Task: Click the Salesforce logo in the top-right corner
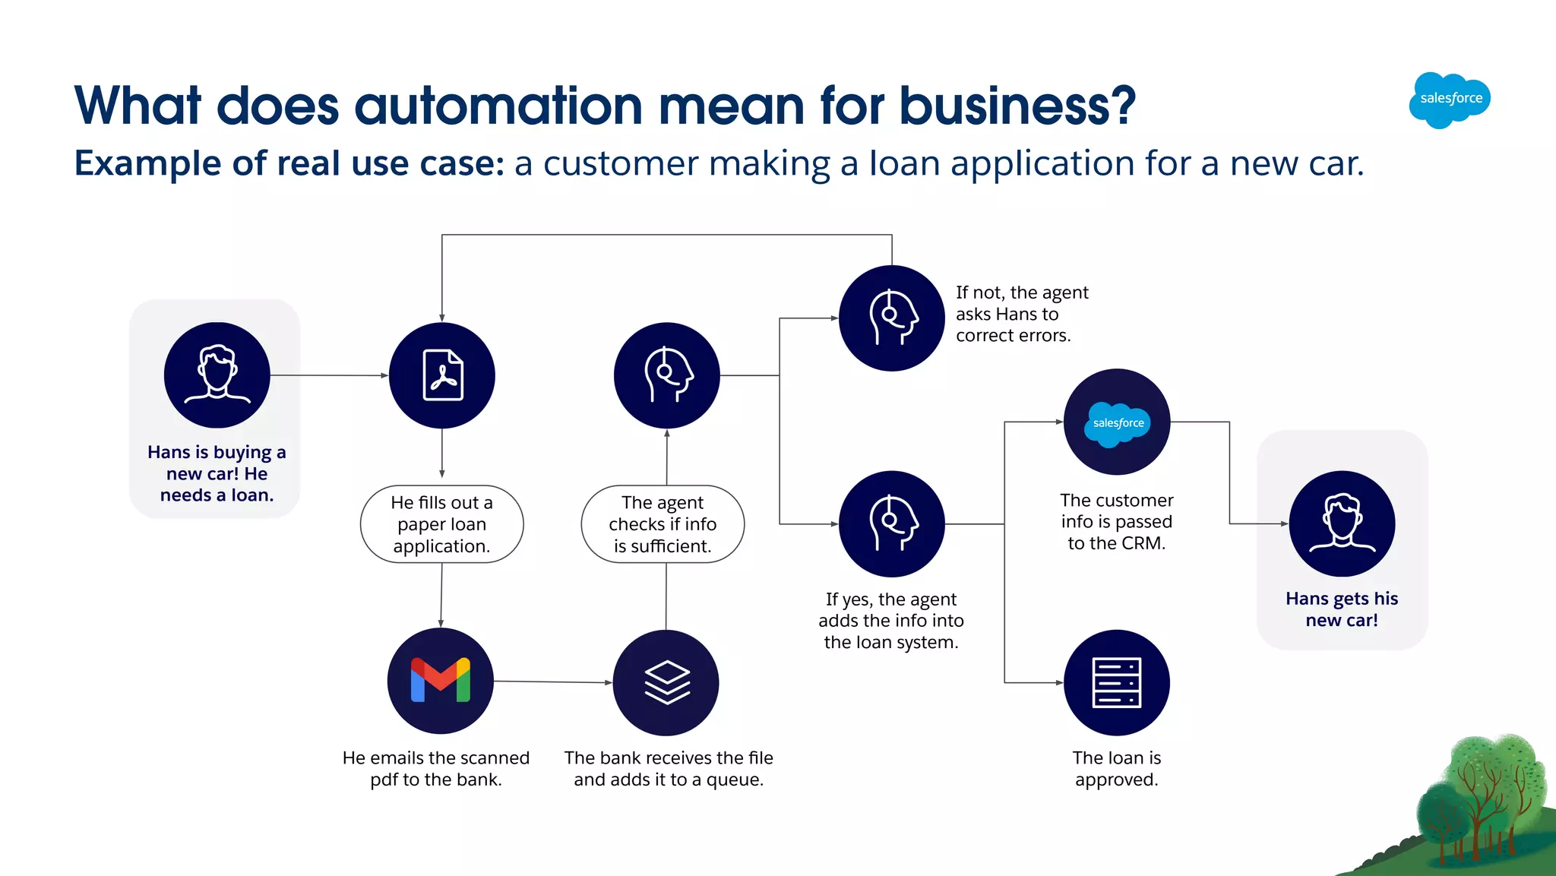(1450, 100)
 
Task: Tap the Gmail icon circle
(441, 680)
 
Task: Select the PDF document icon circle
(442, 375)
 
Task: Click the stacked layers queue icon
(666, 682)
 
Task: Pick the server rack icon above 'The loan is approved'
(1116, 682)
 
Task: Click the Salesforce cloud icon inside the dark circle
(1118, 423)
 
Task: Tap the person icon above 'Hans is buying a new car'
(217, 375)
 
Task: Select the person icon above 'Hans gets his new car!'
(1342, 523)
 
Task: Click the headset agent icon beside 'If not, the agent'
(892, 318)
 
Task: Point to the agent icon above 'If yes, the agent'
(892, 523)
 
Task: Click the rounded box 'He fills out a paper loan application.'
(441, 524)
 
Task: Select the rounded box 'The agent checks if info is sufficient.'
(663, 524)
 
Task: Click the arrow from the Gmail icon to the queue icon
(553, 682)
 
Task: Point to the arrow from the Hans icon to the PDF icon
(329, 375)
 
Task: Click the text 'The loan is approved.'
(1116, 768)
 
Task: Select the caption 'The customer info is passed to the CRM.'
(1116, 521)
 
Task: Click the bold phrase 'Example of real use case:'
(289, 163)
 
